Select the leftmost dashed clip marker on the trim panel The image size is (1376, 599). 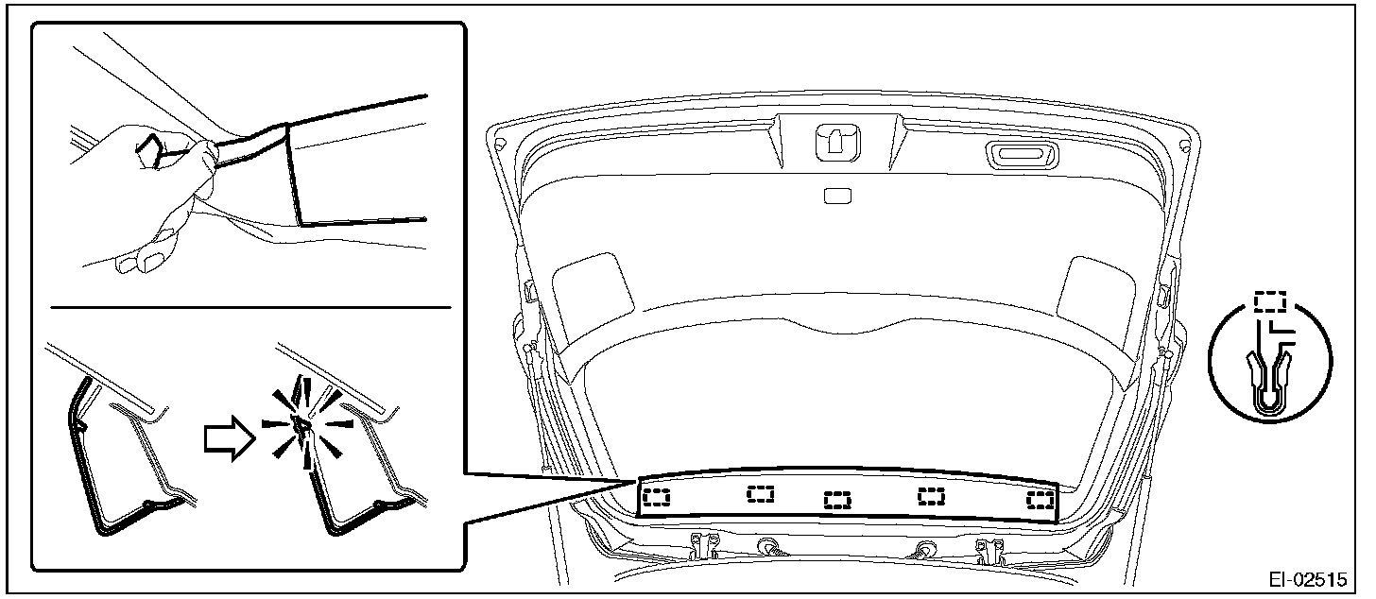click(656, 497)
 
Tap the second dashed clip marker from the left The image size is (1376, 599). click(760, 493)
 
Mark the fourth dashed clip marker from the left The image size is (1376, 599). click(932, 495)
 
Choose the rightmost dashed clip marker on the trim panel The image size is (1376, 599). click(1041, 498)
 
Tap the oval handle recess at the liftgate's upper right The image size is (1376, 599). click(1012, 154)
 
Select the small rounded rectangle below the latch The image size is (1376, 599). click(837, 197)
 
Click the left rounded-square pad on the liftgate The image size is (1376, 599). click(592, 294)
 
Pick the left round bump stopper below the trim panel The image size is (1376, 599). click(768, 546)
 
